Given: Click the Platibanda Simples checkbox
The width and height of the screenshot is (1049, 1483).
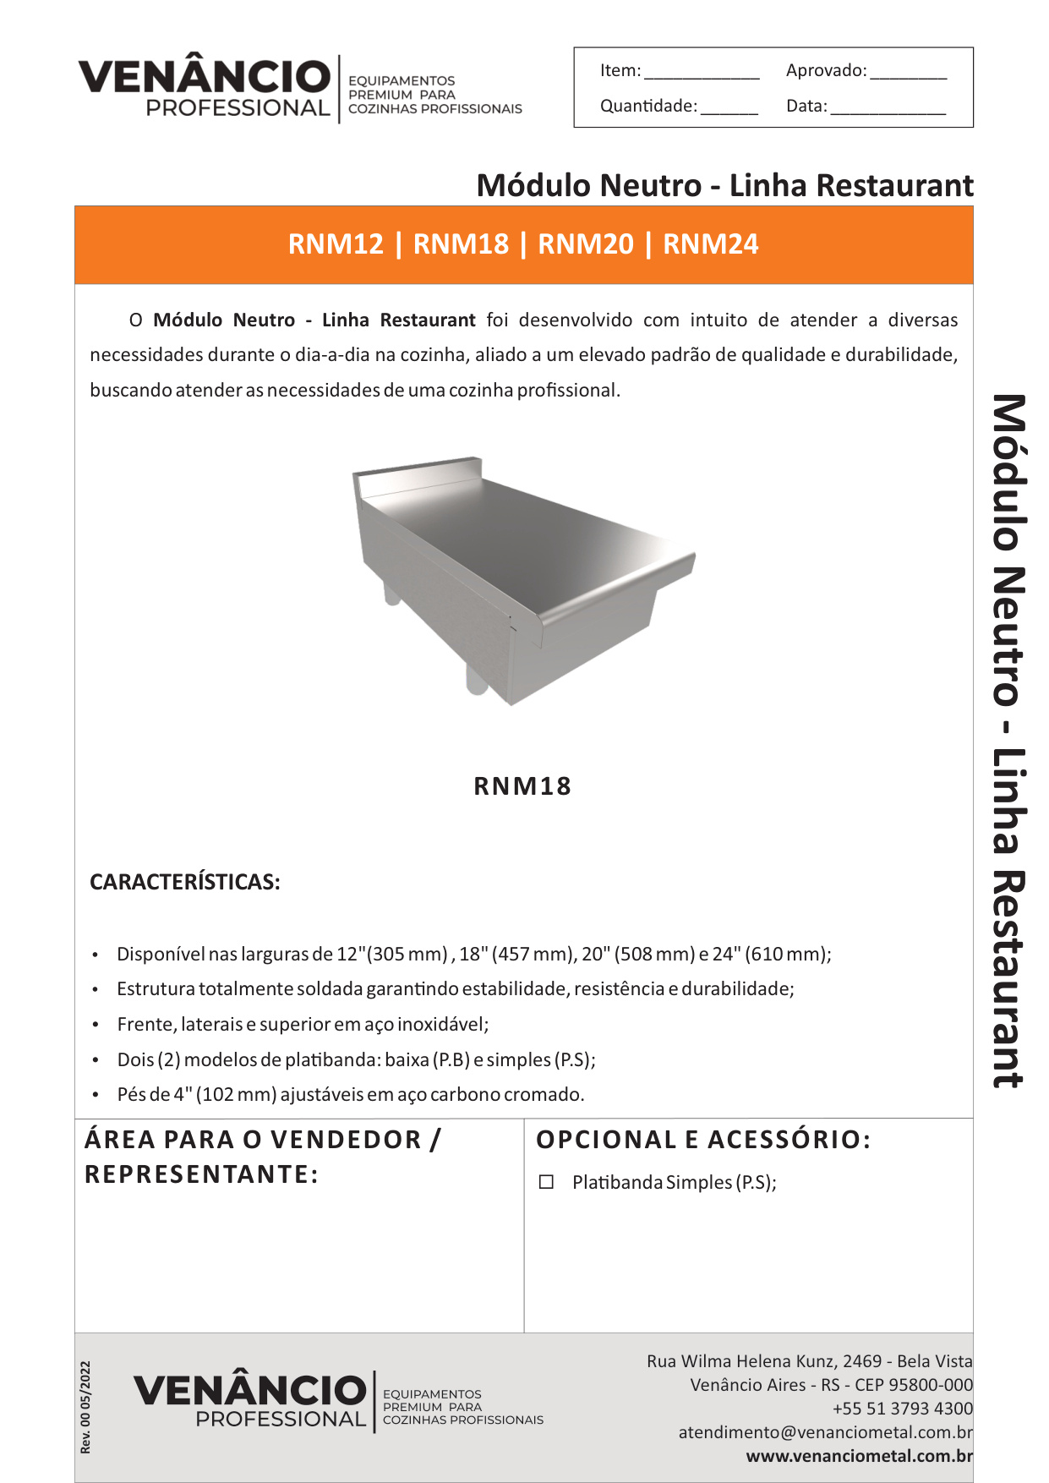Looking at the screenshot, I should (546, 1182).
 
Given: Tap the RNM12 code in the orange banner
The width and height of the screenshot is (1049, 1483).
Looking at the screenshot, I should (336, 244).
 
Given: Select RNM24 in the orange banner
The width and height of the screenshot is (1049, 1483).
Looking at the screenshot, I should (711, 244).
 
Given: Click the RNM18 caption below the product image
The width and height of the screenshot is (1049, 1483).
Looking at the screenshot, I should (522, 786).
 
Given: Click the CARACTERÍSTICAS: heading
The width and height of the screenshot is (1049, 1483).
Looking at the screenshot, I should (185, 882).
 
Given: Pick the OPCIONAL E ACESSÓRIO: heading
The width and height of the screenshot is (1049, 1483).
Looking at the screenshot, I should (703, 1140).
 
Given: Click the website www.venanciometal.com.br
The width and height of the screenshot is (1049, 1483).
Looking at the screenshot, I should (859, 1456).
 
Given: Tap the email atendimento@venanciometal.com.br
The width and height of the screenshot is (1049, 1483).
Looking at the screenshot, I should (825, 1432).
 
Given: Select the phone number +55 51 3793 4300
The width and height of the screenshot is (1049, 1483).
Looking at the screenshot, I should (902, 1409).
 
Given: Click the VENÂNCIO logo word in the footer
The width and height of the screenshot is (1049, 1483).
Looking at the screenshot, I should (250, 1390).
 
